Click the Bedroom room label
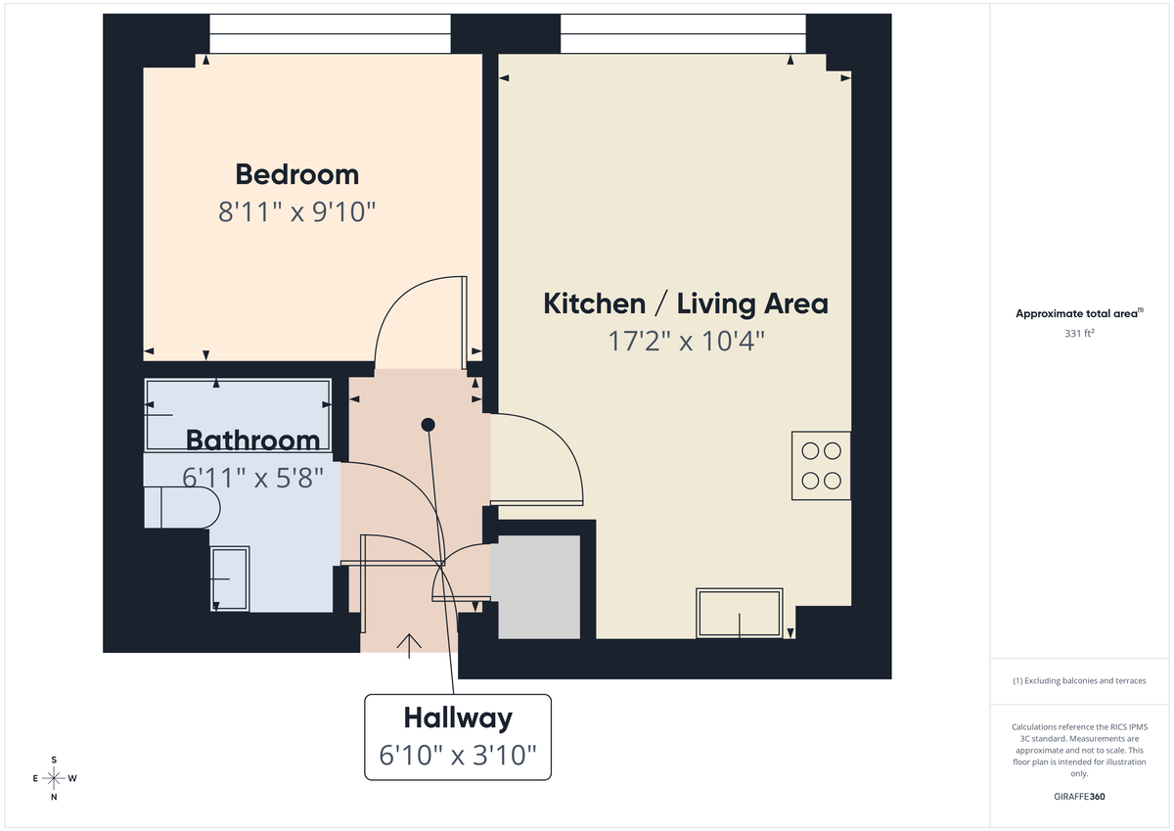[x=296, y=174]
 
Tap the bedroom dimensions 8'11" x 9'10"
[x=296, y=211]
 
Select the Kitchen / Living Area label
[x=685, y=303]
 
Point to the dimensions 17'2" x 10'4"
[x=684, y=342]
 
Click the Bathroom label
[x=252, y=440]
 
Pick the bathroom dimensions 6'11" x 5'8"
[x=252, y=478]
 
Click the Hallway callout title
[x=458, y=718]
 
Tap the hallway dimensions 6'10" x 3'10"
[x=458, y=755]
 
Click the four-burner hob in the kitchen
[x=821, y=466]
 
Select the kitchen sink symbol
[x=740, y=613]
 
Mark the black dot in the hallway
[x=428, y=425]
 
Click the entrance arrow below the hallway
[x=408, y=641]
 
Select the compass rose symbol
[x=54, y=778]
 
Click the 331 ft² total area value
[x=1079, y=333]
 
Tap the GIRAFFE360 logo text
[x=1079, y=796]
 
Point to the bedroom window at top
[x=330, y=35]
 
